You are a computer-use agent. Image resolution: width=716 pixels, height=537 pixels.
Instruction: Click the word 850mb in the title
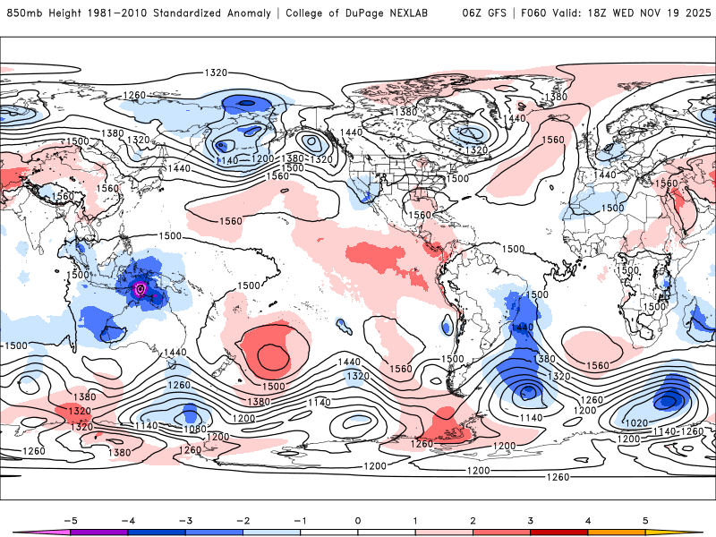(24, 13)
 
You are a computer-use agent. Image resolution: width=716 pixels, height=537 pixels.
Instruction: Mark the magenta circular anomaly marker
(139, 288)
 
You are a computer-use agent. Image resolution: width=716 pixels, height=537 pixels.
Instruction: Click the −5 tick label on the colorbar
(71, 520)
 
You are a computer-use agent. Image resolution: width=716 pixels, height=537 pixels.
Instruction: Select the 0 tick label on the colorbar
(358, 520)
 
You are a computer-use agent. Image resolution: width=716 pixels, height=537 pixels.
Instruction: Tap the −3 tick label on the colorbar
(185, 520)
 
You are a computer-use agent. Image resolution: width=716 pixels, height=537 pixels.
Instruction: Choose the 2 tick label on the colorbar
(473, 520)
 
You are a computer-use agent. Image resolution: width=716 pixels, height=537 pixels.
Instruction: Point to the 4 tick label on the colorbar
(588, 520)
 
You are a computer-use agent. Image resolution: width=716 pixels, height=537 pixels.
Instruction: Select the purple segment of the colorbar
(99, 533)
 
